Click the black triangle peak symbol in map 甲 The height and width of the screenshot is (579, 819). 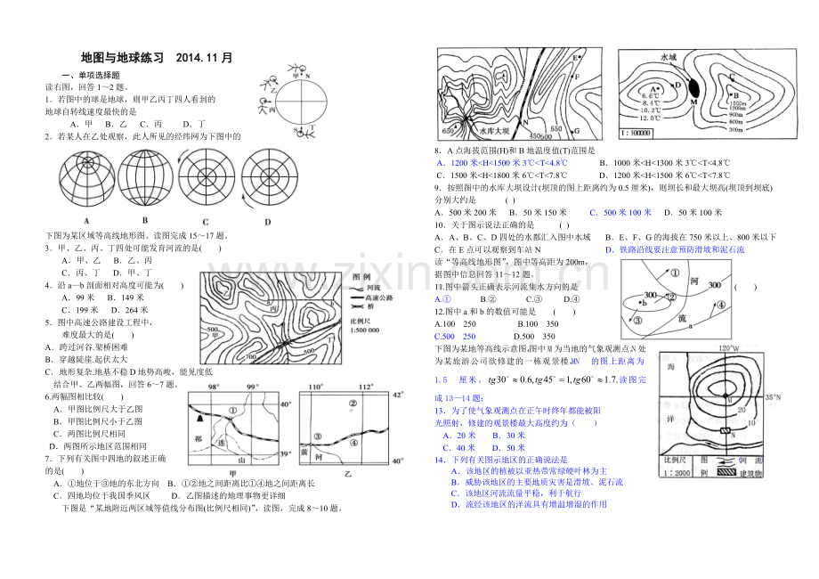click(x=200, y=416)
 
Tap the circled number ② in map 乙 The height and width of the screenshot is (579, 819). click(x=353, y=403)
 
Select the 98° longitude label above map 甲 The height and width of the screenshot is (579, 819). click(x=213, y=387)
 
